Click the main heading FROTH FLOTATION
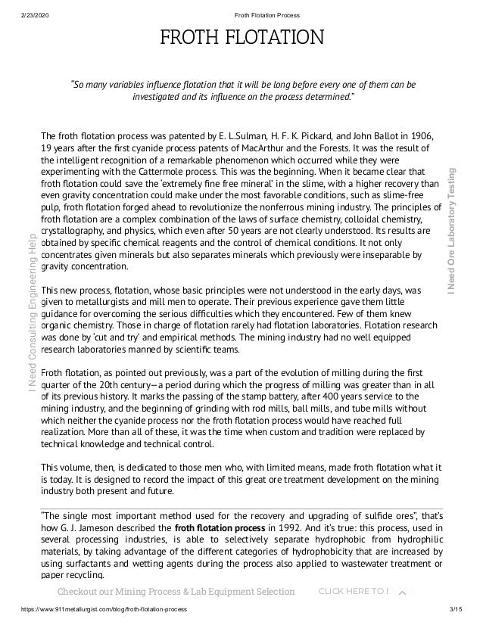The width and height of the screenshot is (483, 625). pos(241,37)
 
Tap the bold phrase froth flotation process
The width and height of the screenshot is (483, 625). pos(216,527)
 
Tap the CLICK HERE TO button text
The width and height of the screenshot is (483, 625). pos(352,591)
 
